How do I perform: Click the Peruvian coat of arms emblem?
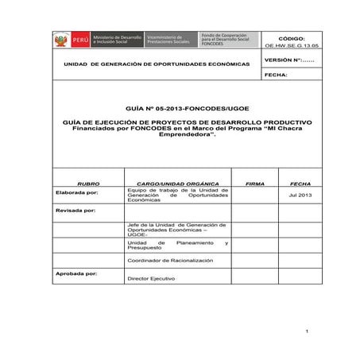[x=60, y=40]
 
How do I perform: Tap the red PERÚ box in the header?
[x=79, y=40]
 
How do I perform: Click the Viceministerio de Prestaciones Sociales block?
[x=170, y=40]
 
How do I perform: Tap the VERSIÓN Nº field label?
[x=288, y=60]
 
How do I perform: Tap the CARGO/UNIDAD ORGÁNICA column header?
[x=176, y=183]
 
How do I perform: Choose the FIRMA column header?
[x=255, y=183]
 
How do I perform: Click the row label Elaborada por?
[x=77, y=192]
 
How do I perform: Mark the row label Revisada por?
[x=75, y=211]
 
